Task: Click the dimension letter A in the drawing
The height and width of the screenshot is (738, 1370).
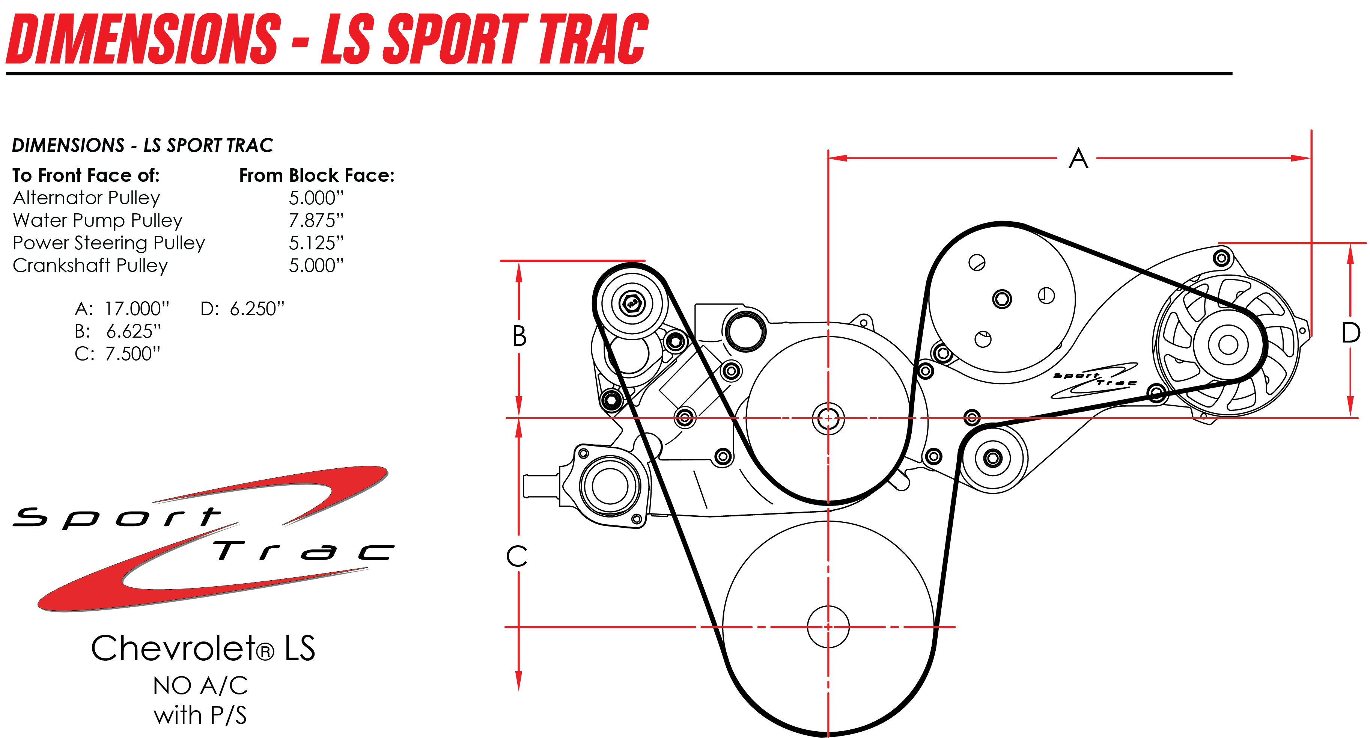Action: [x=1078, y=158]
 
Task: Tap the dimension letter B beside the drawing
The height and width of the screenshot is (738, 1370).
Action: [x=519, y=336]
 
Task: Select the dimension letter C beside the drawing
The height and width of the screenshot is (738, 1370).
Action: [x=516, y=557]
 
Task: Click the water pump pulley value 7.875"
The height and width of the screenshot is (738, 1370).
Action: [x=316, y=220]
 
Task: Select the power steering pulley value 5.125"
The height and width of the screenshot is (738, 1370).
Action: [x=316, y=243]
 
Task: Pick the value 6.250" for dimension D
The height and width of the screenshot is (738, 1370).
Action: [x=257, y=309]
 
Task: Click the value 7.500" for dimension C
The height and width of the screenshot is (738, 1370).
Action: [x=133, y=354]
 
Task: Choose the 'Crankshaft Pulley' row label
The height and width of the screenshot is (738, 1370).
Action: [x=90, y=266]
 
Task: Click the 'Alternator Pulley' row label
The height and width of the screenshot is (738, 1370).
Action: [x=86, y=198]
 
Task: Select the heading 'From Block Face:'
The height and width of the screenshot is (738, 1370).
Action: [x=317, y=176]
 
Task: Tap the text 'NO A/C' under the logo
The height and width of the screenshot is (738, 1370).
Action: [x=200, y=686]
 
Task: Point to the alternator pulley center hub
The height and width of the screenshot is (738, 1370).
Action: [x=1228, y=345]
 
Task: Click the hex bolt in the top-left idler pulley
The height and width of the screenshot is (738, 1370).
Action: [x=632, y=304]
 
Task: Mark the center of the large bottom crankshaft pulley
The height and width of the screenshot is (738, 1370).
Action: [x=828, y=627]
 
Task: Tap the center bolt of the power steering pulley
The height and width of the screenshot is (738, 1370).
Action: [x=1002, y=299]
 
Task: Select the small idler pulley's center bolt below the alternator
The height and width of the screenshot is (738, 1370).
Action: [x=992, y=457]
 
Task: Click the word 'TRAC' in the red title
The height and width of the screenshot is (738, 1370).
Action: [x=593, y=38]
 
